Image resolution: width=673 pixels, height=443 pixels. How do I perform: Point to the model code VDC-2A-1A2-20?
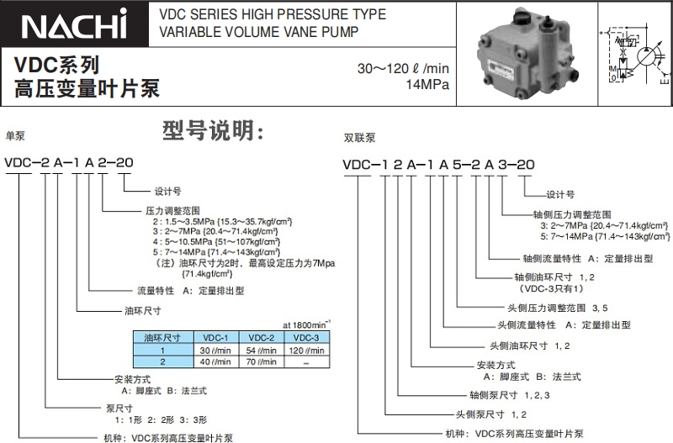click(x=69, y=162)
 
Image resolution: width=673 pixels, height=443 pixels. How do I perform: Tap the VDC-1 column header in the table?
click(x=215, y=337)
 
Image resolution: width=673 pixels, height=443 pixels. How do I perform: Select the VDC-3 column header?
click(x=305, y=337)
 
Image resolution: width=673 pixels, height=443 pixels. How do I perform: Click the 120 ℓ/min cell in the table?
click(x=305, y=350)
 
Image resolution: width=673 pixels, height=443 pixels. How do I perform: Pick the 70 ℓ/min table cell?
click(x=261, y=362)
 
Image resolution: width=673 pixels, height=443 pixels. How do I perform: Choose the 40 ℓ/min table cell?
click(x=215, y=362)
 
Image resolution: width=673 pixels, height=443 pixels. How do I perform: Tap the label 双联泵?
click(x=359, y=136)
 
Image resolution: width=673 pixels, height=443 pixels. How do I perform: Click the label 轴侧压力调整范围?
click(x=572, y=214)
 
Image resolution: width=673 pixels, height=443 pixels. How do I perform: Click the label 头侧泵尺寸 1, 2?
click(x=491, y=414)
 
